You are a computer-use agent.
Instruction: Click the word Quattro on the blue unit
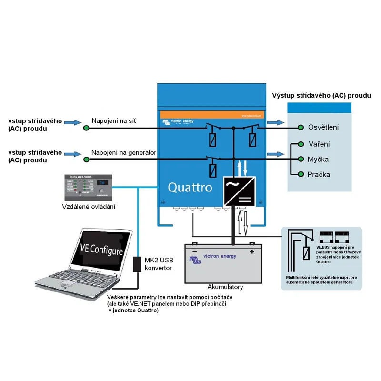(x=190, y=187)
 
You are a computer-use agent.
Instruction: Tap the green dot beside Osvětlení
(x=301, y=128)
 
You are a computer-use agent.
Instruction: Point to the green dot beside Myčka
(x=301, y=160)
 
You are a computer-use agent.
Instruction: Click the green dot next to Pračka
(x=301, y=175)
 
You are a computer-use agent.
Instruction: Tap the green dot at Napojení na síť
(x=86, y=128)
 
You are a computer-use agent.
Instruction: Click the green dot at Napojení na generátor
(x=86, y=159)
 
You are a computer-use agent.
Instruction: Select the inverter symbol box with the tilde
(x=239, y=191)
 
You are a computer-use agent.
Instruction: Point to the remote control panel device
(x=90, y=187)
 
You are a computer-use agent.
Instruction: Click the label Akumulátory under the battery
(x=226, y=287)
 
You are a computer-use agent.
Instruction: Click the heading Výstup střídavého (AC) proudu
(x=321, y=95)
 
